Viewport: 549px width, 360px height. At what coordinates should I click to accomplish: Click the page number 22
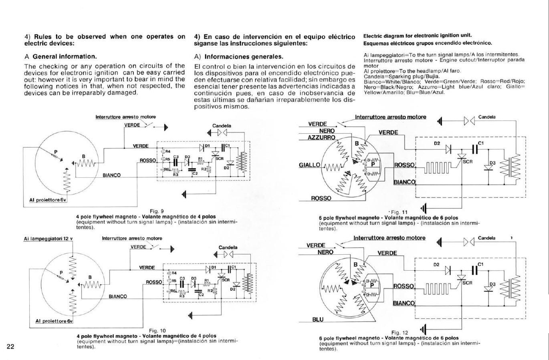pyautogui.click(x=10, y=346)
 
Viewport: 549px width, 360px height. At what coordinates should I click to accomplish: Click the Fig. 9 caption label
pyautogui.click(x=157, y=211)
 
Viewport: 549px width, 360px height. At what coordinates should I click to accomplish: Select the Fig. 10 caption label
pyautogui.click(x=157, y=330)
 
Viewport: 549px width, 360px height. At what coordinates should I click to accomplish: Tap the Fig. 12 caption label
pyautogui.click(x=400, y=332)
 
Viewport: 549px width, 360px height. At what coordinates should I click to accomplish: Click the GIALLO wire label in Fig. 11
pyautogui.click(x=309, y=165)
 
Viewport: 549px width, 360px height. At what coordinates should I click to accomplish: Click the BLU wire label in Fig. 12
pyautogui.click(x=318, y=320)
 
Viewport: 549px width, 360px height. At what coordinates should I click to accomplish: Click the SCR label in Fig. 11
pyautogui.click(x=468, y=162)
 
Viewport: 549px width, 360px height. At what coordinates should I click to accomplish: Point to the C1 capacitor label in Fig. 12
pyautogui.click(x=480, y=264)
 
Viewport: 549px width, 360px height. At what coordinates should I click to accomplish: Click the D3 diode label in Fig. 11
pyautogui.click(x=492, y=163)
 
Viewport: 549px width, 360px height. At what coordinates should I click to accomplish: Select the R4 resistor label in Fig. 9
pyautogui.click(x=168, y=151)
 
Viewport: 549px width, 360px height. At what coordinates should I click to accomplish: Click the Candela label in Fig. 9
pyautogui.click(x=222, y=126)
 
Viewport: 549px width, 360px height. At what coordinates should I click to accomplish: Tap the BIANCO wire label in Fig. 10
pyautogui.click(x=118, y=297)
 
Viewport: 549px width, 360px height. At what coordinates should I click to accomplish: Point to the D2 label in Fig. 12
pyautogui.click(x=437, y=265)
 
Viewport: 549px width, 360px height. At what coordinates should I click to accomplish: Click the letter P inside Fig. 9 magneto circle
pyautogui.click(x=56, y=151)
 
